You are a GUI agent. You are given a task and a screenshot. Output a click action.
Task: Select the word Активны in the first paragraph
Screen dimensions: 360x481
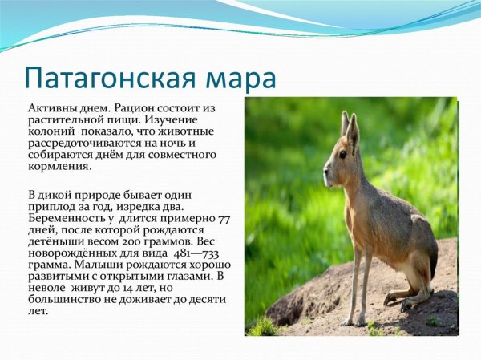pyautogui.click(x=50, y=107)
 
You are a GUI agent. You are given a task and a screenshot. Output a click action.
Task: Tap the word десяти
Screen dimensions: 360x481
pyautogui.click(x=205, y=298)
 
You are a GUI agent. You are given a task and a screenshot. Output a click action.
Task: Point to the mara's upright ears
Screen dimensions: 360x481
pyautogui.click(x=350, y=127)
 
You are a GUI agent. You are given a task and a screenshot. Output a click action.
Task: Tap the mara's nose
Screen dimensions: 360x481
pyautogui.click(x=325, y=169)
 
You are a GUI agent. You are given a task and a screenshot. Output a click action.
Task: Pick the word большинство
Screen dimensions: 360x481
pyautogui.click(x=63, y=298)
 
